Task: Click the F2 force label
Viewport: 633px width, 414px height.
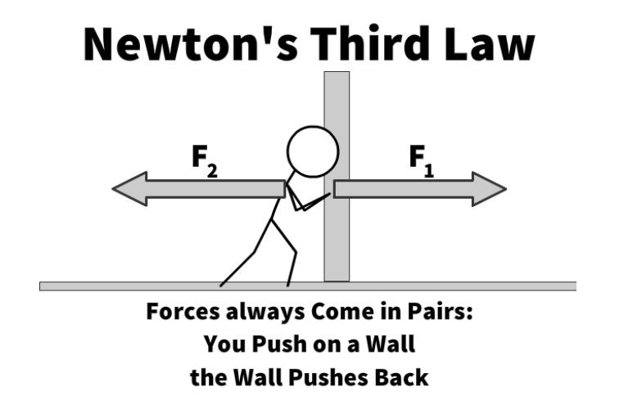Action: (203, 158)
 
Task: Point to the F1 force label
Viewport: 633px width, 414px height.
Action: (422, 158)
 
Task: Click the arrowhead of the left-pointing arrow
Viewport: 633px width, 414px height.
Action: (128, 189)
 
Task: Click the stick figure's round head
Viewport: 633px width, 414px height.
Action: (312, 151)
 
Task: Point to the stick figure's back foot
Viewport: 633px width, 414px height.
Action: (222, 283)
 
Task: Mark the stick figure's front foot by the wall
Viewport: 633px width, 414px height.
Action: (288, 283)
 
